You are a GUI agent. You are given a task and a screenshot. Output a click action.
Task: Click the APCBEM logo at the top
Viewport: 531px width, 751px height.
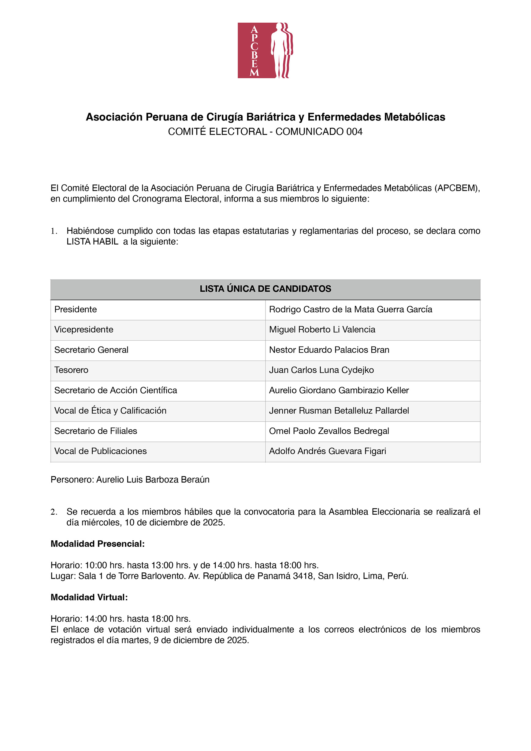coord(265,50)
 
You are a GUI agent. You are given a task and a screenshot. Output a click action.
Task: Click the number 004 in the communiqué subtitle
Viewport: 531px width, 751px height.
coord(354,131)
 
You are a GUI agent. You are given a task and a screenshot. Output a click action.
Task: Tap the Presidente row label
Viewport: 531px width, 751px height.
coord(76,309)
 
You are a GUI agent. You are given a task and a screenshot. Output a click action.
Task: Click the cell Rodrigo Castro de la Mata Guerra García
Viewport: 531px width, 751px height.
coord(351,309)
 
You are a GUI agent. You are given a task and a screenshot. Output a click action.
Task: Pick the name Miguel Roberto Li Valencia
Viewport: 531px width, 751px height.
coord(322,329)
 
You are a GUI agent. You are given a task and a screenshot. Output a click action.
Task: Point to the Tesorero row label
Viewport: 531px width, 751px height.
coord(71,370)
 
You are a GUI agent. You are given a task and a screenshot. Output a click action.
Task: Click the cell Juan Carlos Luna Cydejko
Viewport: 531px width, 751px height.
coord(321,370)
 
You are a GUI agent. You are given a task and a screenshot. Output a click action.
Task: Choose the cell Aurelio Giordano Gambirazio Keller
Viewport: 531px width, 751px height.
coord(339,390)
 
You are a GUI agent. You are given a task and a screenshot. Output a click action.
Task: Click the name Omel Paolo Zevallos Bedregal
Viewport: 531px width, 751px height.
coord(329,431)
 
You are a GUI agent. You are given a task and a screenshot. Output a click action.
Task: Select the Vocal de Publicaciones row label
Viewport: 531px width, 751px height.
coord(100,451)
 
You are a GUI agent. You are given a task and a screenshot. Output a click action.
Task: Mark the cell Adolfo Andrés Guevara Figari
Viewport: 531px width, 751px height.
coord(328,451)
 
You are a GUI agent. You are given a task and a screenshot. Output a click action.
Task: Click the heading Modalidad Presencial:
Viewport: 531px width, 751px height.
coord(98,544)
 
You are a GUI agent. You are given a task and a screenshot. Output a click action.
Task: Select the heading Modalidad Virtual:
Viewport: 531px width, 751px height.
coord(89,597)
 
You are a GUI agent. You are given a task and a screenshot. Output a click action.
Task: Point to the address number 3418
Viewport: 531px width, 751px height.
coord(303,576)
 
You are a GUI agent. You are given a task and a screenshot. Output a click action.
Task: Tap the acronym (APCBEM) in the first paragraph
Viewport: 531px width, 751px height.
coord(457,188)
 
